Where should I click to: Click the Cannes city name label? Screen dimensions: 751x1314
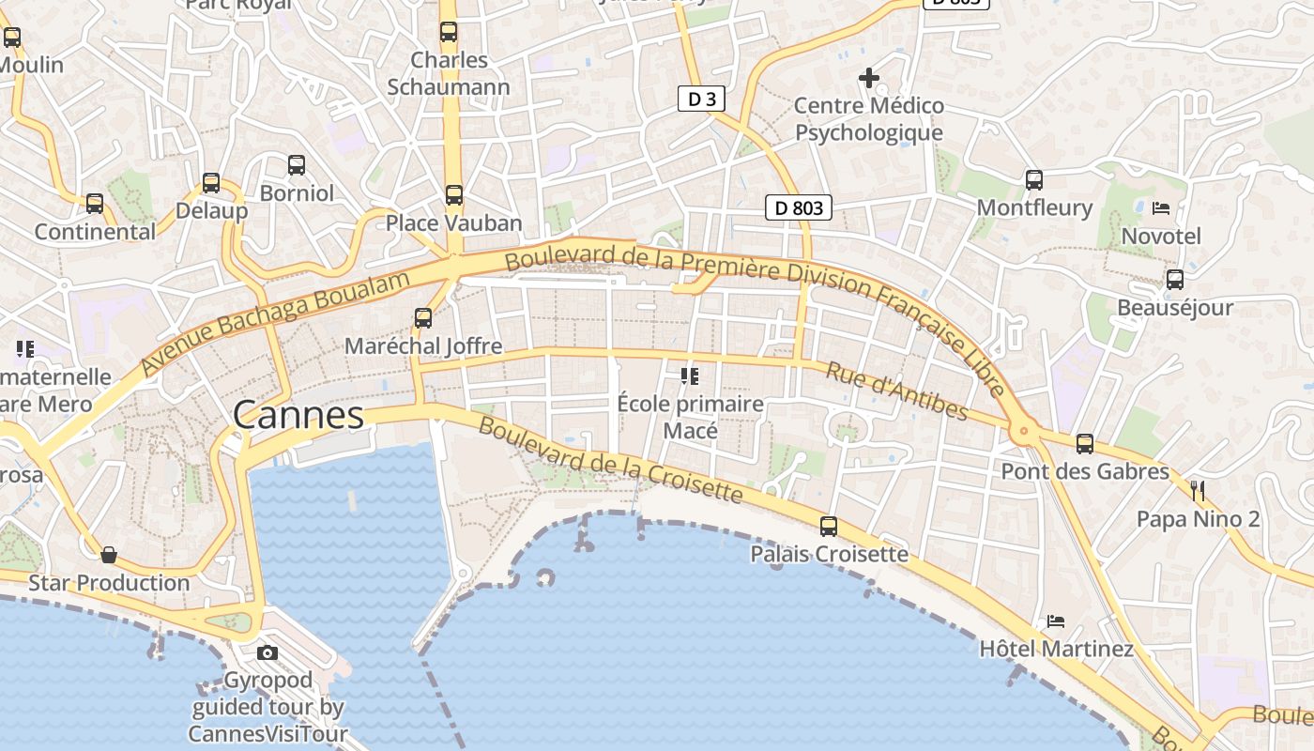click(x=298, y=415)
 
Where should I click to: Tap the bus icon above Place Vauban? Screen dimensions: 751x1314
click(x=454, y=195)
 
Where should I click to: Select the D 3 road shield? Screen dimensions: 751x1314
click(x=701, y=99)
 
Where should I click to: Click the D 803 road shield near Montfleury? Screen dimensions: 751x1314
click(x=799, y=207)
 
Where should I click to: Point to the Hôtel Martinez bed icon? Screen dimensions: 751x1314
click(x=1056, y=621)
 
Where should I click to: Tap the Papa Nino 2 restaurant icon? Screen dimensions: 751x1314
click(x=1197, y=490)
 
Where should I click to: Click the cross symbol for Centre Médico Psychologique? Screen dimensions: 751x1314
click(x=869, y=77)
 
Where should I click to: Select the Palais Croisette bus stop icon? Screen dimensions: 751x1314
click(x=828, y=527)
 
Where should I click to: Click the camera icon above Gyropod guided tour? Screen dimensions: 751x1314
click(x=267, y=652)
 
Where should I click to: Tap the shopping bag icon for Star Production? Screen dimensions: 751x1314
click(x=109, y=555)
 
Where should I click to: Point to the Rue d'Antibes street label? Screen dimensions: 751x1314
click(x=896, y=391)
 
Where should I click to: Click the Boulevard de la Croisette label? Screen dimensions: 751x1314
click(x=610, y=461)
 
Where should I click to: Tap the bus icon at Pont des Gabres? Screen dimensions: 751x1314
click(x=1085, y=443)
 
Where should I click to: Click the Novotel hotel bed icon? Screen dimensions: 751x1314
click(x=1161, y=208)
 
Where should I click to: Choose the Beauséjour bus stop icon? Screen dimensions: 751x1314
click(x=1174, y=280)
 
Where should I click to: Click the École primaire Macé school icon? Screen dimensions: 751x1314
click(x=690, y=376)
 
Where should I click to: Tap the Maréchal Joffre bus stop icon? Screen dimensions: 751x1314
click(x=423, y=318)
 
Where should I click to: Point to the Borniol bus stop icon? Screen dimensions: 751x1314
click(x=297, y=165)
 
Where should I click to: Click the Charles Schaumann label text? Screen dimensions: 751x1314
click(x=449, y=73)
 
